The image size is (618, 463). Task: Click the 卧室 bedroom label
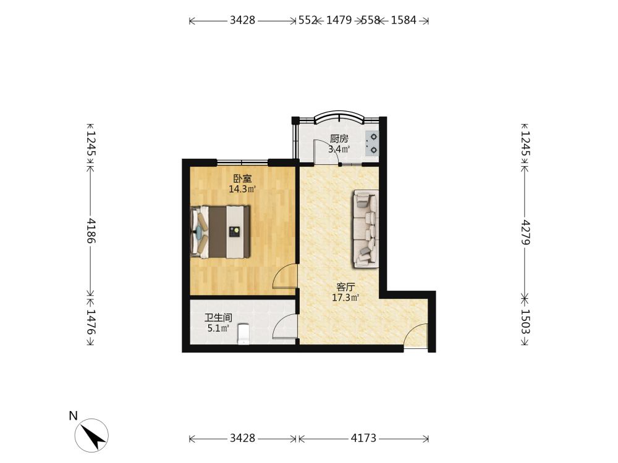(x=242, y=179)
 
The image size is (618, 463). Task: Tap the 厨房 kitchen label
(x=339, y=138)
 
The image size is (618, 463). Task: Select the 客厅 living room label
(x=345, y=287)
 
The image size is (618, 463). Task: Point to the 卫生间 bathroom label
(x=218, y=318)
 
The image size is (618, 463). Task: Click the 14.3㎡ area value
(x=242, y=189)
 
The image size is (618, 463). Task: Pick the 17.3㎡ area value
(x=345, y=298)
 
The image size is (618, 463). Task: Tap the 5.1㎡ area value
(x=218, y=328)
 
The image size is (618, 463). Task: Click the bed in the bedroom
(x=221, y=232)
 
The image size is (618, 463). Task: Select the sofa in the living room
(x=366, y=229)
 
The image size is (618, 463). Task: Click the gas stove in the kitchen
(x=371, y=143)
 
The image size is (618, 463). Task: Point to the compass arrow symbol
(x=95, y=435)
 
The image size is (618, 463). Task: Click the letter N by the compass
(x=74, y=415)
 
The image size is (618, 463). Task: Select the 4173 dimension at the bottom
(x=363, y=438)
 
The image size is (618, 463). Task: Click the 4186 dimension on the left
(x=91, y=231)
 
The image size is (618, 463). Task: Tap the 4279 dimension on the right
(x=525, y=232)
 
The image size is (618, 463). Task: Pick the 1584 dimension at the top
(x=404, y=20)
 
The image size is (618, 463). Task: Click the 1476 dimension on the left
(x=91, y=322)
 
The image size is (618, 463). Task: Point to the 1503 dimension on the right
(x=525, y=322)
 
